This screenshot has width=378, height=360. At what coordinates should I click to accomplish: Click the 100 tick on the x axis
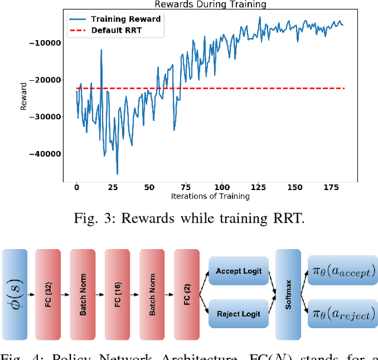click(221, 187)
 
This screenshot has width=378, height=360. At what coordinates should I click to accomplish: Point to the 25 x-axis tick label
click(113, 187)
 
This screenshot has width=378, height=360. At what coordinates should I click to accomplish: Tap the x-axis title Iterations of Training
click(210, 197)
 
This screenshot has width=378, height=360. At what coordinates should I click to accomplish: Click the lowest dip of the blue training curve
click(117, 174)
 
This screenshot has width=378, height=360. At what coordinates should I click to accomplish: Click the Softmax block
click(288, 293)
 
